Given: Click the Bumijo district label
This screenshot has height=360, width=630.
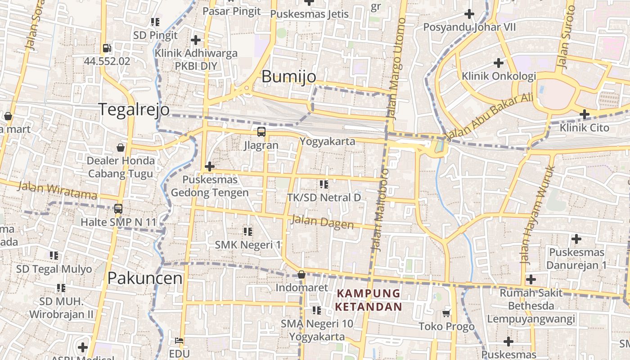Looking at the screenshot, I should pyautogui.click(x=289, y=76).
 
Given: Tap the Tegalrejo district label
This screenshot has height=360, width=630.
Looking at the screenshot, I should pyautogui.click(x=134, y=109).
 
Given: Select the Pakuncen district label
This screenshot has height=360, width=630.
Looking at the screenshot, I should pyautogui.click(x=145, y=278).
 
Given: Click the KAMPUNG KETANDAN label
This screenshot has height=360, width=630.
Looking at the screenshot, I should pyautogui.click(x=369, y=300).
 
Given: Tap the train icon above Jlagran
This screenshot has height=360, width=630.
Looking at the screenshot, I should pyautogui.click(x=261, y=132).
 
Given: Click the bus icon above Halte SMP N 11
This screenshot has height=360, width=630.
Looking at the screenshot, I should pyautogui.click(x=118, y=209).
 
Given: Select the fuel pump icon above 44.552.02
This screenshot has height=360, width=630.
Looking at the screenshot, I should pyautogui.click(x=107, y=48).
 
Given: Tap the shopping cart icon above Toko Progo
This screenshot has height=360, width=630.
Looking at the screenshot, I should pyautogui.click(x=446, y=313).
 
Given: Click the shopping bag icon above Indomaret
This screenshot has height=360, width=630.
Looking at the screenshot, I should pyautogui.click(x=301, y=274).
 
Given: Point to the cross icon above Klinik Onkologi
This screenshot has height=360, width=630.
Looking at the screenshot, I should pyautogui.click(x=498, y=63).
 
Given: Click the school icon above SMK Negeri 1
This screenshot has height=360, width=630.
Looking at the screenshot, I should pyautogui.click(x=247, y=232).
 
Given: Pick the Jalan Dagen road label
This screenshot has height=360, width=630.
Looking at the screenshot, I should pyautogui.click(x=322, y=222).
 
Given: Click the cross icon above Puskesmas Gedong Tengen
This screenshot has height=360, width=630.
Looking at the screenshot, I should pyautogui.click(x=209, y=166).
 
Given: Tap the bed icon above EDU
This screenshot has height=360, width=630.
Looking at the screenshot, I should pyautogui.click(x=179, y=341).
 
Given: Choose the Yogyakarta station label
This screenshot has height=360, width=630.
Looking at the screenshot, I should pyautogui.click(x=327, y=141).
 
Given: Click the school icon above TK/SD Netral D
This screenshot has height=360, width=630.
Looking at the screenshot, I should pyautogui.click(x=324, y=184).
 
